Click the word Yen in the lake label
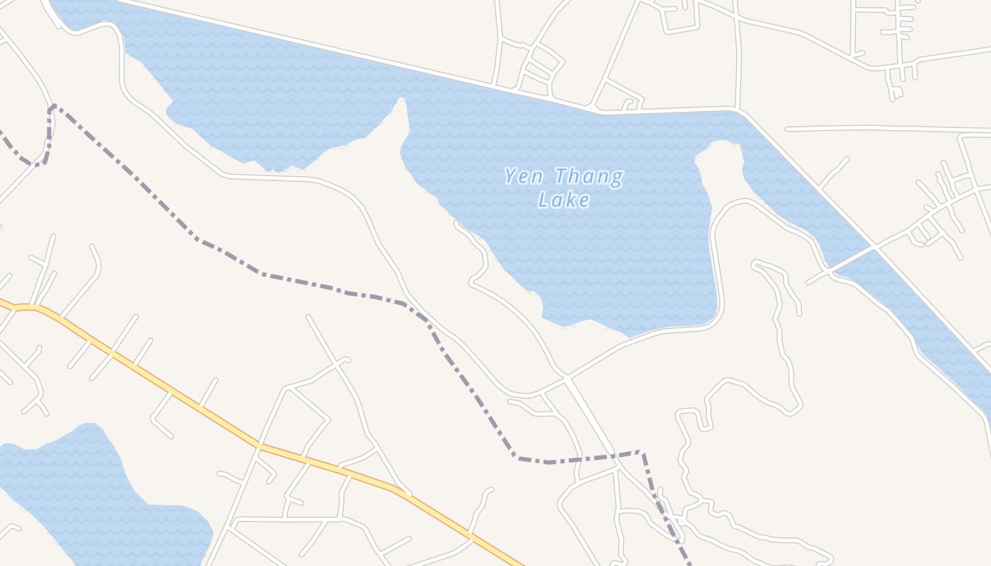coord(524,176)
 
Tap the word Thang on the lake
coord(589,177)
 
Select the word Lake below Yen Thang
coord(563,200)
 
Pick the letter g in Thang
coord(616,178)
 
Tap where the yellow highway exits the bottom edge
coord(520,564)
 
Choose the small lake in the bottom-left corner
coord(71,488)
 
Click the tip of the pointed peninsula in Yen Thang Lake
coord(402,100)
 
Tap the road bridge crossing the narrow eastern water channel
coord(873,248)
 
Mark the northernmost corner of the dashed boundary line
coord(53,106)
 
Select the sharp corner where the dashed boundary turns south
coord(641,452)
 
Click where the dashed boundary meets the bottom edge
coord(689,564)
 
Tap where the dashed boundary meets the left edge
coord(1,132)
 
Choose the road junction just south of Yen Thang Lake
coord(566,377)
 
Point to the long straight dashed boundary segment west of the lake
coord(127,174)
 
